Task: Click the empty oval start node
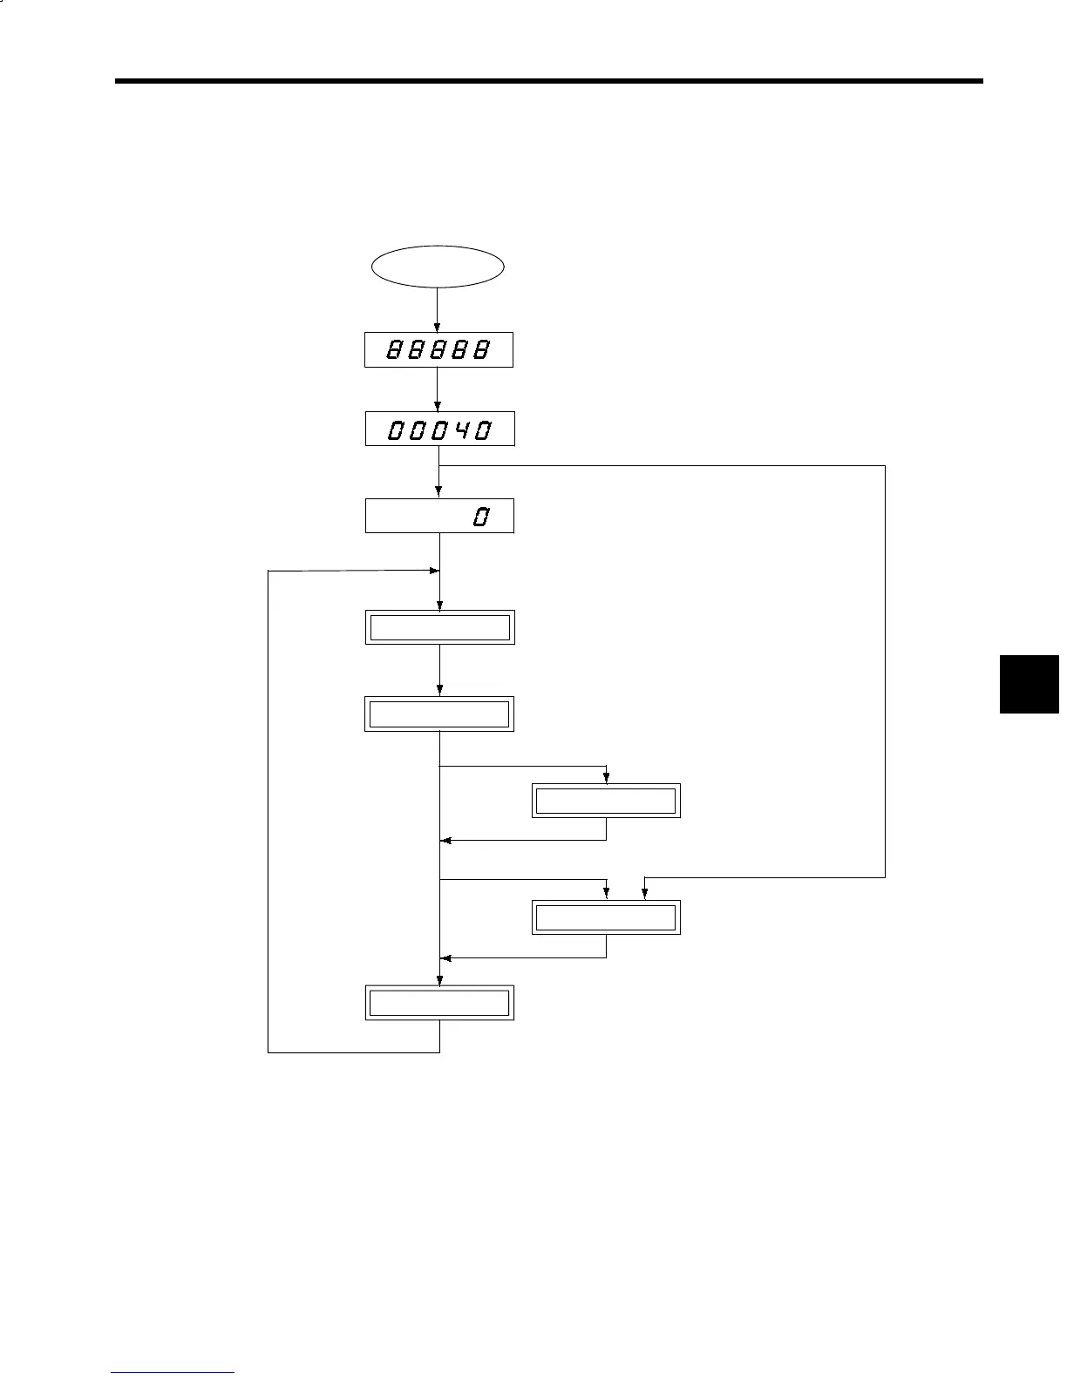(438, 267)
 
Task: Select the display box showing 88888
(438, 350)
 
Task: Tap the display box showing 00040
(439, 430)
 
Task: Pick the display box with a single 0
(439, 516)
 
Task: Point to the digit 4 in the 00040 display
(459, 430)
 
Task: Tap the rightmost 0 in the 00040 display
(481, 430)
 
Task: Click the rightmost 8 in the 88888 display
(480, 350)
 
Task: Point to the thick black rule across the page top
(549, 82)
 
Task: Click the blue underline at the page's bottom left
(173, 1373)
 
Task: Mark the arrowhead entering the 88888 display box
(437, 327)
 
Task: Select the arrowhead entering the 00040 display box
(437, 406)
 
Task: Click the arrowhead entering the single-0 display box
(439, 493)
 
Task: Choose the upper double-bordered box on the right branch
(606, 801)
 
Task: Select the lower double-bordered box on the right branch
(606, 918)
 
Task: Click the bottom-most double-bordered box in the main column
(439, 1004)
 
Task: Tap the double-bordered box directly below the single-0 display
(439, 627)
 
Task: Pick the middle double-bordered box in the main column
(439, 714)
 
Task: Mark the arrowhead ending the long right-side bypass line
(644, 894)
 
